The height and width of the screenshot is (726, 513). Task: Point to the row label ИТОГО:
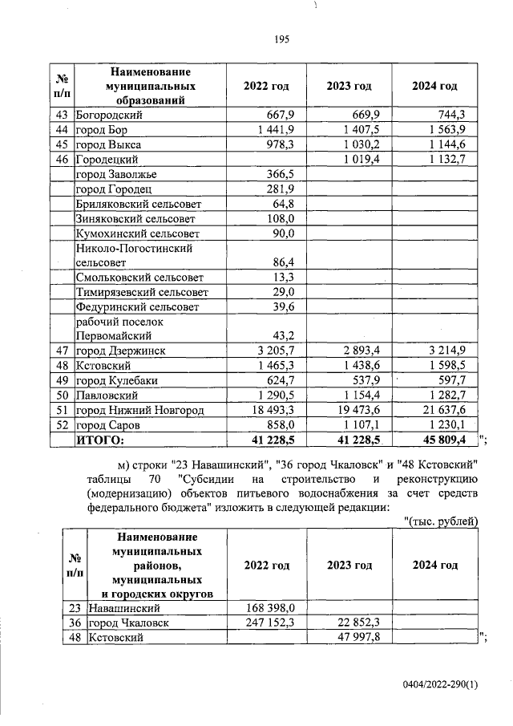coord(101,439)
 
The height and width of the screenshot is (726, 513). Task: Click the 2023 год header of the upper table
coord(349,86)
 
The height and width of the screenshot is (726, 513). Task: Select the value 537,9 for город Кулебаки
coord(366,380)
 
